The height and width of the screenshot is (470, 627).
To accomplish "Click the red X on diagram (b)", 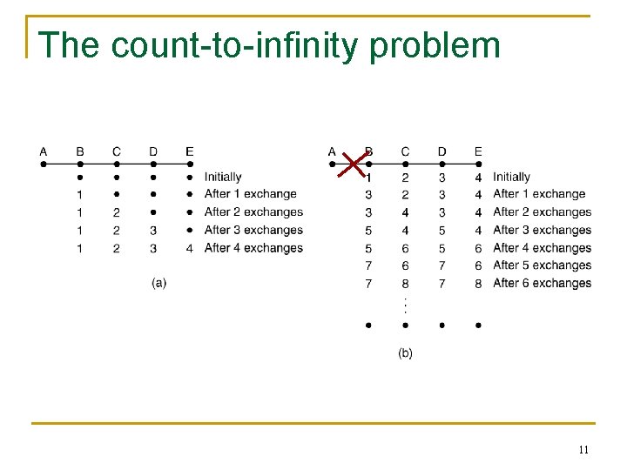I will (x=352, y=164).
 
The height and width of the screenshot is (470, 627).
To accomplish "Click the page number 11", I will (x=583, y=449).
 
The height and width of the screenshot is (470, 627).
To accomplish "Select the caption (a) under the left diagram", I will (x=158, y=282).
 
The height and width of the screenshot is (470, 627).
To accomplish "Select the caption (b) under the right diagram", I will (x=405, y=352).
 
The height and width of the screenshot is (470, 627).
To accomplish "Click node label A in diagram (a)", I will (x=44, y=151).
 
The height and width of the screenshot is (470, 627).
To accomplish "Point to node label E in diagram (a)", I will (x=190, y=151).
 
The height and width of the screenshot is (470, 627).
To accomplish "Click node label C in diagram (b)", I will (x=405, y=151).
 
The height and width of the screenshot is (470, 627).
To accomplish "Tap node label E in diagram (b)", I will (x=478, y=151).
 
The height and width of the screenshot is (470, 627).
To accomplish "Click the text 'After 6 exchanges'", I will (x=542, y=283).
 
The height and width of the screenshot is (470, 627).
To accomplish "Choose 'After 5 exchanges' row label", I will (x=542, y=265).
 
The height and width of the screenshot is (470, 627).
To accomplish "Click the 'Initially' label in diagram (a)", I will (x=223, y=177).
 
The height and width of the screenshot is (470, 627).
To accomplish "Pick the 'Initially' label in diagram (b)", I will (x=511, y=177).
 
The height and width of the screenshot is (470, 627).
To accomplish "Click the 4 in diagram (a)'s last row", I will (x=190, y=248).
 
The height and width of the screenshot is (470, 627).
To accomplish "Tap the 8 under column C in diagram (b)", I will (x=405, y=283).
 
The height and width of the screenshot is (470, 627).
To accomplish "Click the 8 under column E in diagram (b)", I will (x=478, y=283).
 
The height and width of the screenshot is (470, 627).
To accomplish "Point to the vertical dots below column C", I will (x=405, y=305).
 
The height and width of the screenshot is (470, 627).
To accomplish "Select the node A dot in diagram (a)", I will (x=44, y=163).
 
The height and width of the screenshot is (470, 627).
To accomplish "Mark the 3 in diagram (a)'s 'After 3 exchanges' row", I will (x=153, y=231).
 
